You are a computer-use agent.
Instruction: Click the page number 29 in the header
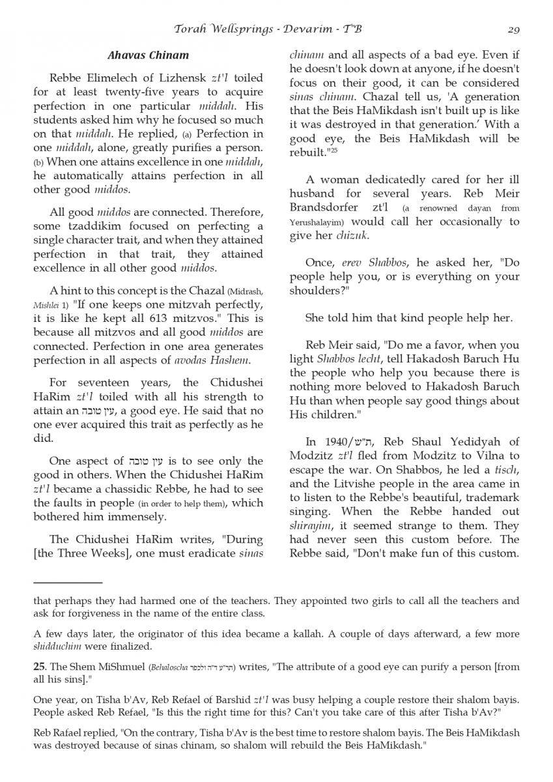pyautogui.click(x=512, y=29)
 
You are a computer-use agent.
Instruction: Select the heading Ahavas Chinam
pyautogui.click(x=149, y=55)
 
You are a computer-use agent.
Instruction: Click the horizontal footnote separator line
pyautogui.click(x=68, y=582)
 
